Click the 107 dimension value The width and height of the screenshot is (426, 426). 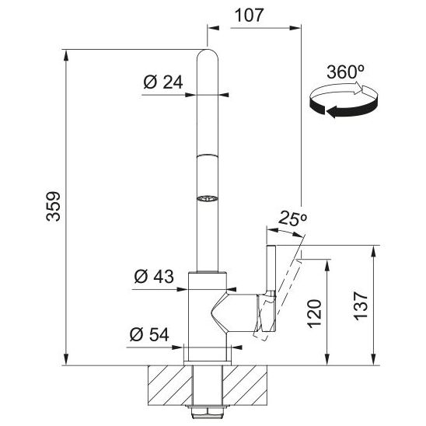pyautogui.click(x=249, y=16)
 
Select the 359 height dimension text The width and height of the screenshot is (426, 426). pyautogui.click(x=53, y=207)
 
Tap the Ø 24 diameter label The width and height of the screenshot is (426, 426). pyautogui.click(x=163, y=82)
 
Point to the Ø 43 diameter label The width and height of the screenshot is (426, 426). pyautogui.click(x=154, y=277)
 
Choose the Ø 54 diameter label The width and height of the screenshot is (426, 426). pyautogui.click(x=149, y=334)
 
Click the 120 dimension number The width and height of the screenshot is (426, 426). pyautogui.click(x=314, y=314)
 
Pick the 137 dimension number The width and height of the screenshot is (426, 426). pyautogui.click(x=361, y=306)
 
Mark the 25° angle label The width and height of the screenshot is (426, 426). pyautogui.click(x=292, y=218)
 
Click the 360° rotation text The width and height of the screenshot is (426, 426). pyautogui.click(x=345, y=72)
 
